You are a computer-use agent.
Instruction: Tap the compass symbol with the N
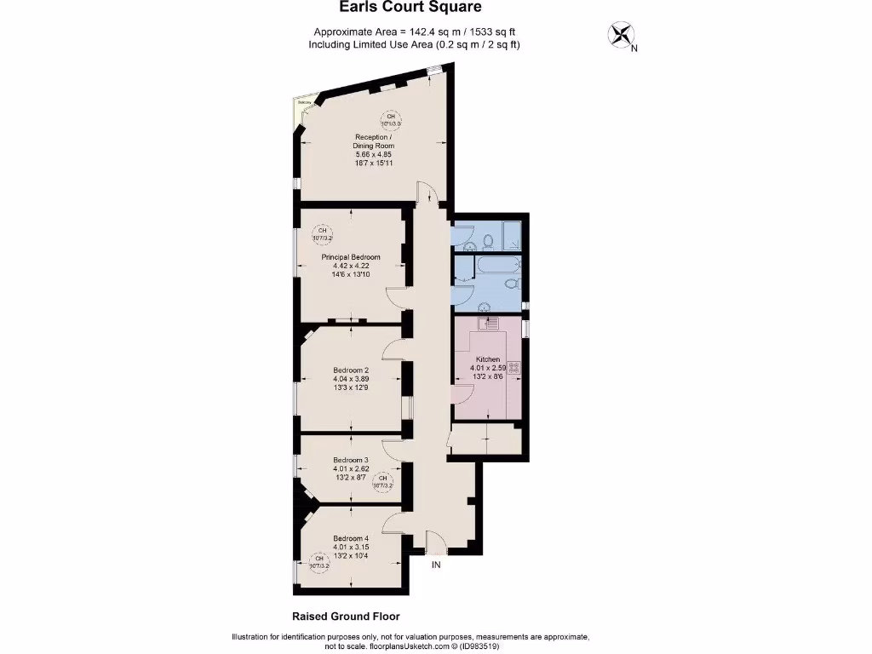(x=621, y=35)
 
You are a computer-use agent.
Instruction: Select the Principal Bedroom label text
(x=350, y=256)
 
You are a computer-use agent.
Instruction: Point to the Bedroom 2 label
(x=351, y=370)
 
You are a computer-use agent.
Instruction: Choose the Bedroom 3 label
(x=350, y=459)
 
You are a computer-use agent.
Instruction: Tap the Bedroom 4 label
(x=351, y=538)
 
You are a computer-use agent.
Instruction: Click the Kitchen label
(x=488, y=359)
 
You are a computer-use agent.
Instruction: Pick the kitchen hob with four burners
(x=513, y=368)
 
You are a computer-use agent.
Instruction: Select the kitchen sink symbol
(x=490, y=323)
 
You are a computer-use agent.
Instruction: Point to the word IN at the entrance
(x=436, y=565)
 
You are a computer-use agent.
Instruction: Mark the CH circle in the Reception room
(x=391, y=120)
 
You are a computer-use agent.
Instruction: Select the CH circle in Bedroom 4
(x=318, y=561)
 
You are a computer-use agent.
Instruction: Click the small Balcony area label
(x=302, y=103)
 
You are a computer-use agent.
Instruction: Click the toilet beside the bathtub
(x=510, y=283)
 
